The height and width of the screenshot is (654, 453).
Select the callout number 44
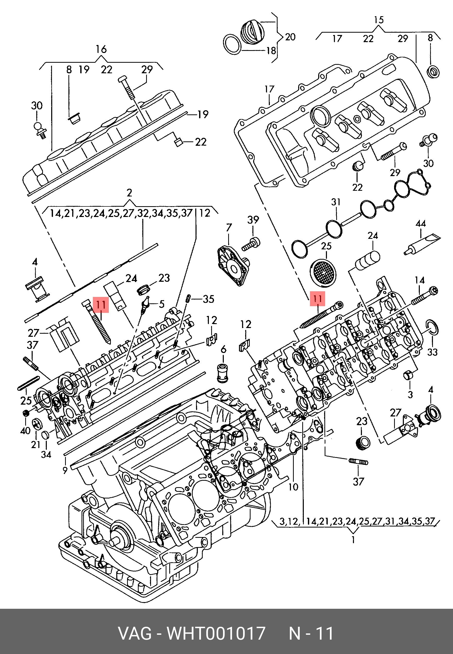click(x=420, y=223)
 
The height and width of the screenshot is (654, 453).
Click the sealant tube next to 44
click(x=422, y=244)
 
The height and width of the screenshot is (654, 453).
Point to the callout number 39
click(x=253, y=220)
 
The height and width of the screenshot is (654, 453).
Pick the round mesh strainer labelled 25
click(x=323, y=273)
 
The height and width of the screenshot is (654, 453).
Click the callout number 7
click(x=229, y=227)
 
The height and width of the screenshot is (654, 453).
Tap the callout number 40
click(x=25, y=431)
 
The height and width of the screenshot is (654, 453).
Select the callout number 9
click(x=65, y=470)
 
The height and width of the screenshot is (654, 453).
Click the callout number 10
click(x=293, y=487)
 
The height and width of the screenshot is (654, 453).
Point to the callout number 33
click(x=432, y=352)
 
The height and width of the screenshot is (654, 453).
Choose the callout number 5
click(x=162, y=304)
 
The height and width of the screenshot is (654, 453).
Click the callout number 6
click(x=223, y=349)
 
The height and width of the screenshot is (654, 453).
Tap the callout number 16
click(x=101, y=49)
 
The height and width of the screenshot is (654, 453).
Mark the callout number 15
click(x=379, y=20)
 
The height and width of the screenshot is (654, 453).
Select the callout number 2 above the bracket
click(x=129, y=193)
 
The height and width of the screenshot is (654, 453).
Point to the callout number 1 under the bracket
click(x=353, y=539)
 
